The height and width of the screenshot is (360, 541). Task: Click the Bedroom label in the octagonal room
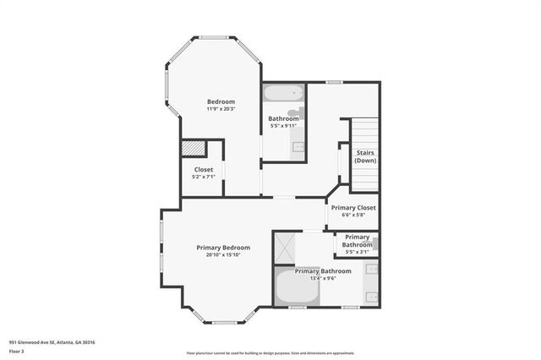(221, 101)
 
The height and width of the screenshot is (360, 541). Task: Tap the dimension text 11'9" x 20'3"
(221, 109)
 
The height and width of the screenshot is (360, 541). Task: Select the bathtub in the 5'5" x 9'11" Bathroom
(281, 93)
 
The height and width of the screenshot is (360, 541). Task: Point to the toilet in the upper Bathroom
(292, 112)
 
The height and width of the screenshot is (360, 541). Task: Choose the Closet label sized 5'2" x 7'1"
(204, 169)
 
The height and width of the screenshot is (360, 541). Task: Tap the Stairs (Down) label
(365, 156)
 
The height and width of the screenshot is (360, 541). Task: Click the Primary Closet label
(353, 207)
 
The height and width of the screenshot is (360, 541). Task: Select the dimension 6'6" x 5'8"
(353, 215)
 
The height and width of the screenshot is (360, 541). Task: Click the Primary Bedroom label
(223, 247)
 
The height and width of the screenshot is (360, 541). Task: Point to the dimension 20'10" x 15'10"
(223, 254)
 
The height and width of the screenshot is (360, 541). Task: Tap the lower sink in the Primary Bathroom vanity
(372, 296)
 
